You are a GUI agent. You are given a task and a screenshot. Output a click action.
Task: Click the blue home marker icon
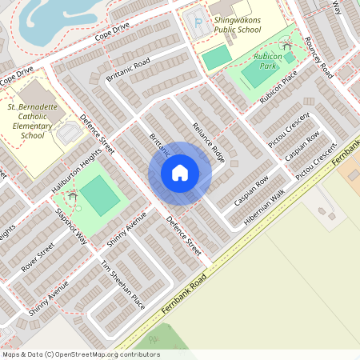[180, 173]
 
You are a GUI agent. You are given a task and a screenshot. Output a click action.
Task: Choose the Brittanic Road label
[128, 70]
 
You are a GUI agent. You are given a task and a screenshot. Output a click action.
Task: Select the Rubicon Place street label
[278, 87]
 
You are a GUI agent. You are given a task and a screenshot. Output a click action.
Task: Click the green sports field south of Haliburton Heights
[100, 195]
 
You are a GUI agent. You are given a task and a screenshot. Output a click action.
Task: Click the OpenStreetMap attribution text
[80, 354]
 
